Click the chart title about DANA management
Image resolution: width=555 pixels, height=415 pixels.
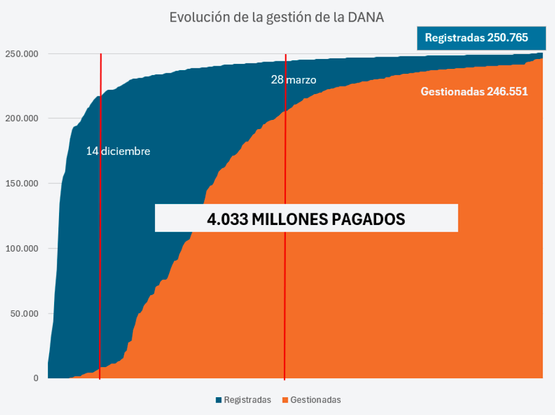click(277, 17)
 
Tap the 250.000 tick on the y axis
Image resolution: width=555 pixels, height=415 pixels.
click(22, 53)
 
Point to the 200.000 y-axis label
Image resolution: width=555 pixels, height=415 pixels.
click(22, 118)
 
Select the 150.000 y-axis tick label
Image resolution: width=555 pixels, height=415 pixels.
click(22, 183)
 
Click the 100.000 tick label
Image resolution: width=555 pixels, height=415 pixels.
click(22, 248)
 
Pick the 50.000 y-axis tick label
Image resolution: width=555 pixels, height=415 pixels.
click(23, 314)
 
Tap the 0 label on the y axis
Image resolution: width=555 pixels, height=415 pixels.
click(36, 378)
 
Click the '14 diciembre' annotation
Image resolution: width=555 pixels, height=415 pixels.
click(118, 151)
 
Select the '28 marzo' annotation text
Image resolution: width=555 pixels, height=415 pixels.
click(294, 79)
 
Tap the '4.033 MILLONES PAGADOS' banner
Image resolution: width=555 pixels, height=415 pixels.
click(306, 218)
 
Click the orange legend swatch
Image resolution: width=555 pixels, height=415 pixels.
click(285, 400)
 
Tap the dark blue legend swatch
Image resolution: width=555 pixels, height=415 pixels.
click(219, 400)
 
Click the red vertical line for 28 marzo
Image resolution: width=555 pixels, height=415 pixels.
click(285, 277)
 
